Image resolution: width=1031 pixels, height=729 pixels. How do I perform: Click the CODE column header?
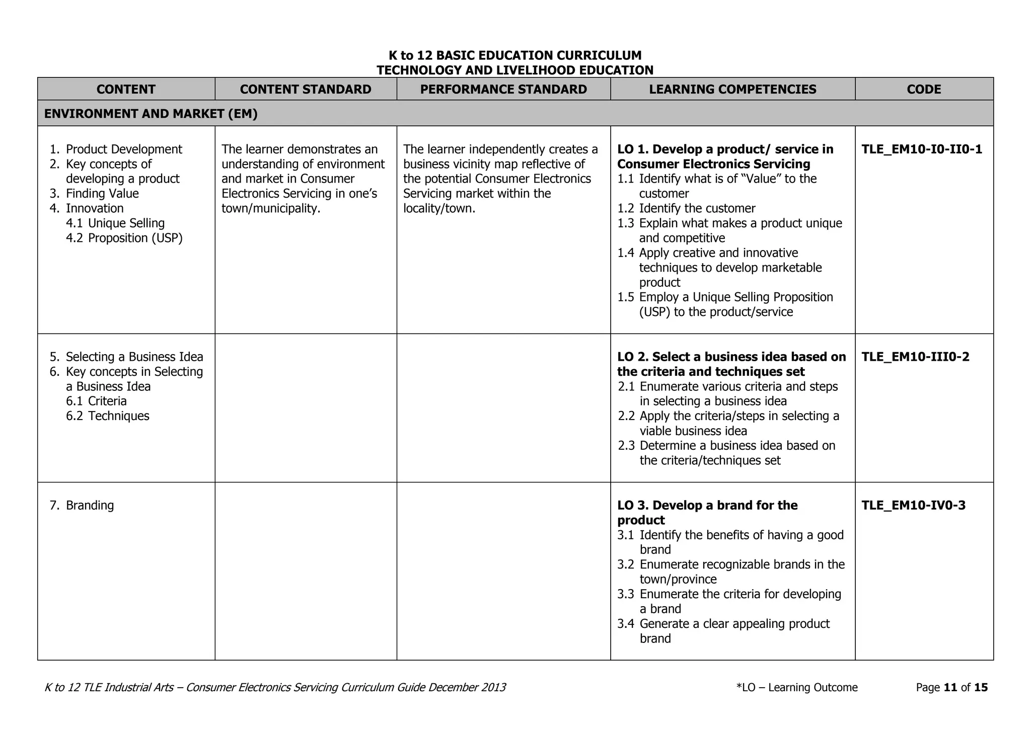pos(924,90)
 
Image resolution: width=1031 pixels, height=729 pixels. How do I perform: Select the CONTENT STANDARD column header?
pos(306,90)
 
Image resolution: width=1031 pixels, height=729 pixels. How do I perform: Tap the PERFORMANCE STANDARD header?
pos(503,90)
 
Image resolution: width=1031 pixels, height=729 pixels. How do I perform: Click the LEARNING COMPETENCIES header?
pos(732,90)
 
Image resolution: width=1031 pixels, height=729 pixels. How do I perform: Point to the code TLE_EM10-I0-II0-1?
pos(922,149)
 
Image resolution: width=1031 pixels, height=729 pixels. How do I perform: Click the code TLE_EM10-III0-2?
pos(915,357)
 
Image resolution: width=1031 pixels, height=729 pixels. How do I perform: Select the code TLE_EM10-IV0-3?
pos(913,506)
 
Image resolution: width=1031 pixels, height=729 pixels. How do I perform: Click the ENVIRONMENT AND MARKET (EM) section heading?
pos(151,114)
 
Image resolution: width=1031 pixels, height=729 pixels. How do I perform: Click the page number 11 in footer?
pos(950,688)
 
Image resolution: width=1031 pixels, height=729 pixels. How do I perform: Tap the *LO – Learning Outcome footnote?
pos(796,688)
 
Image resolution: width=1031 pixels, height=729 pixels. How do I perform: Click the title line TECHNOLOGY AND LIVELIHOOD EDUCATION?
pos(515,70)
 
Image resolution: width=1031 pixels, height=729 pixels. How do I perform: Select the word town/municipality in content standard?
pos(270,208)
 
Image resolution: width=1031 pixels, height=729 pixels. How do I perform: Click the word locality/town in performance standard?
pos(438,208)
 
